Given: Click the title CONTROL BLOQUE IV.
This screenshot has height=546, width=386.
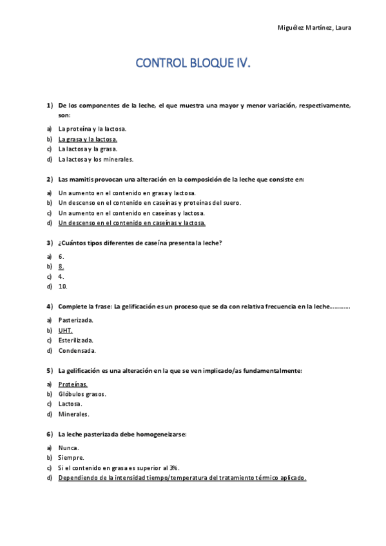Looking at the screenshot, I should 192,64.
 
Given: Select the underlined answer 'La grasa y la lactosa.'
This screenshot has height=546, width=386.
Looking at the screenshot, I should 88,138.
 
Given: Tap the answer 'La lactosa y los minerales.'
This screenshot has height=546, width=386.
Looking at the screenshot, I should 95,159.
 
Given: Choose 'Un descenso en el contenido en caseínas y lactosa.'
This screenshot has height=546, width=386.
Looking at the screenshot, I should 131,223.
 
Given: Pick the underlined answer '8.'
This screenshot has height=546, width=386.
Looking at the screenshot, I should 61,265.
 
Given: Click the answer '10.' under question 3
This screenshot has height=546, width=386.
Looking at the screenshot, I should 63,286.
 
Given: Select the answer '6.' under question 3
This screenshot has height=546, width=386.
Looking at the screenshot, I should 61,255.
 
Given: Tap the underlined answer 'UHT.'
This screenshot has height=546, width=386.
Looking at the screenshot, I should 65,330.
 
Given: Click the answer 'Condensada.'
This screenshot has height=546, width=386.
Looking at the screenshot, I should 77,350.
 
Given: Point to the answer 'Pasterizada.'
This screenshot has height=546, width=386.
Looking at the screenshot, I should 76,319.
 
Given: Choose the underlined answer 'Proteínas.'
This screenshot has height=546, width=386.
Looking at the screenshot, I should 73,383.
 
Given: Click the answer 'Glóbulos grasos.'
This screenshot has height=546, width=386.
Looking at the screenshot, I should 82,393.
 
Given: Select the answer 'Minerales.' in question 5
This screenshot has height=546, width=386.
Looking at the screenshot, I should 73,414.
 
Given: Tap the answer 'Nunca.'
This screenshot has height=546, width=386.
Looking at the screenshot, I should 69,447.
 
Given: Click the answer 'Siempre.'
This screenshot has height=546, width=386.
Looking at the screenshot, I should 71,457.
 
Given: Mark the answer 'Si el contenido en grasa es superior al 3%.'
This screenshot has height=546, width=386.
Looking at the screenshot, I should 119,467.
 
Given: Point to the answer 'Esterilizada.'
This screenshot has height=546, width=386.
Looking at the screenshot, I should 76,340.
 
